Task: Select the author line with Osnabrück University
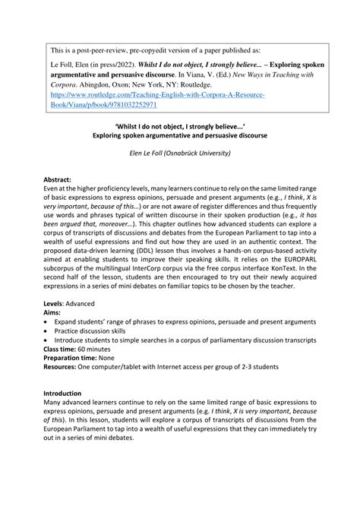click(179, 152)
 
